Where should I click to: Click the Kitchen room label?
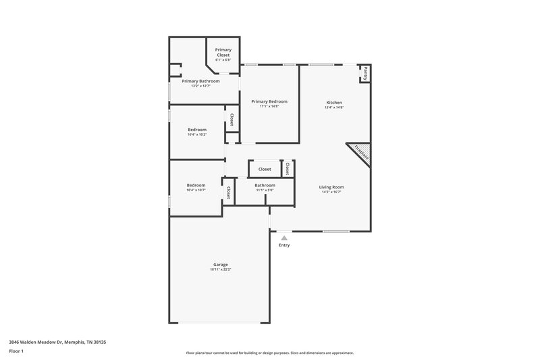334,102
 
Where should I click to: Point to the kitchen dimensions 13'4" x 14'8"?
334,107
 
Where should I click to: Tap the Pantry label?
365,73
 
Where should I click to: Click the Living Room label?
332,186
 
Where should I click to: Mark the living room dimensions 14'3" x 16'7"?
332,192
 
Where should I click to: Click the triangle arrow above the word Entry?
284,238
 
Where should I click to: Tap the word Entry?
284,245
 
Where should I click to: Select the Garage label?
221,264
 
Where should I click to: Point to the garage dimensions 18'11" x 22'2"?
221,269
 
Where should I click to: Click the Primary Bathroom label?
200,81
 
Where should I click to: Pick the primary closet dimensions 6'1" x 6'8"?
223,60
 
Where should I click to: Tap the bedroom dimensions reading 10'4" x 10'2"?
197,134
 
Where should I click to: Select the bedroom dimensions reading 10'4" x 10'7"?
196,190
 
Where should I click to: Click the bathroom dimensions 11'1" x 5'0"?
265,190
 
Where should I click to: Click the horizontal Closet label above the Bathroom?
265,169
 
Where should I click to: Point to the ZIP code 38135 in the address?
99,342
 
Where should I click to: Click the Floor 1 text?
16,351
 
